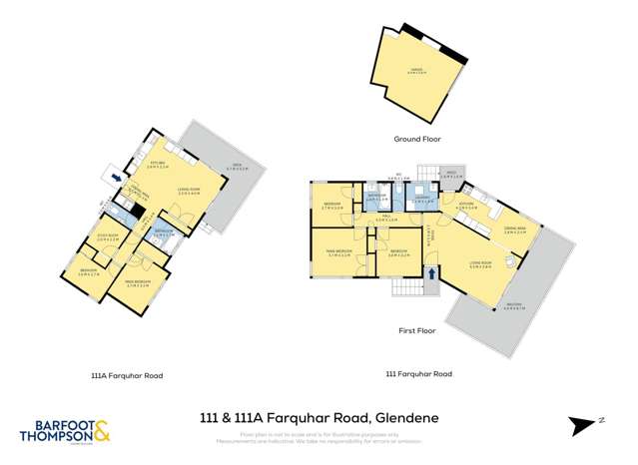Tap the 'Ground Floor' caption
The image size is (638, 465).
point(417,139)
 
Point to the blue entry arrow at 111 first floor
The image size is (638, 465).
point(431,271)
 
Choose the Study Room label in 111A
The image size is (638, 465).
point(108,238)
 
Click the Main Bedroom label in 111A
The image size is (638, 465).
point(138,282)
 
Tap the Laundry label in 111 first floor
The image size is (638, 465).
point(421,199)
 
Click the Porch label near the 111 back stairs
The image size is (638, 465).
point(450,176)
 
